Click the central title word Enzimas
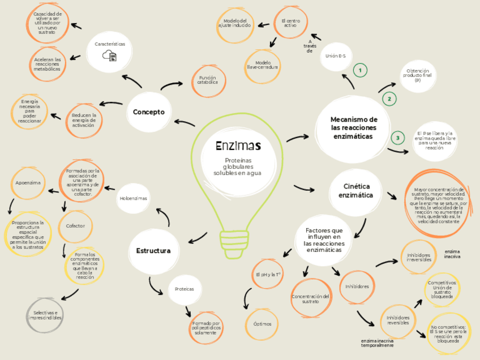[238, 146]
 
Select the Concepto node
[149, 112]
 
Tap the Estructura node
[153, 251]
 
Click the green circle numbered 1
[359, 71]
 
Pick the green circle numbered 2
[389, 99]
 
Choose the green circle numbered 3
[398, 138]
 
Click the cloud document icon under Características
[109, 55]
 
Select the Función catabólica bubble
[207, 80]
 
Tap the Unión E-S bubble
[336, 56]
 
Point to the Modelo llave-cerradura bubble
[263, 65]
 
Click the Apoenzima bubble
[28, 183]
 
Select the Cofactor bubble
[75, 226]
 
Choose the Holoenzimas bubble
[133, 199]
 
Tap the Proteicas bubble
[184, 289]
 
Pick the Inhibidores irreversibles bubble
[419, 258]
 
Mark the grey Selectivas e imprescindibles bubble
[46, 315]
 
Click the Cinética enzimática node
[357, 191]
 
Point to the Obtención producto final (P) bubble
[418, 75]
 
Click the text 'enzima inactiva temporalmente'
[377, 343]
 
